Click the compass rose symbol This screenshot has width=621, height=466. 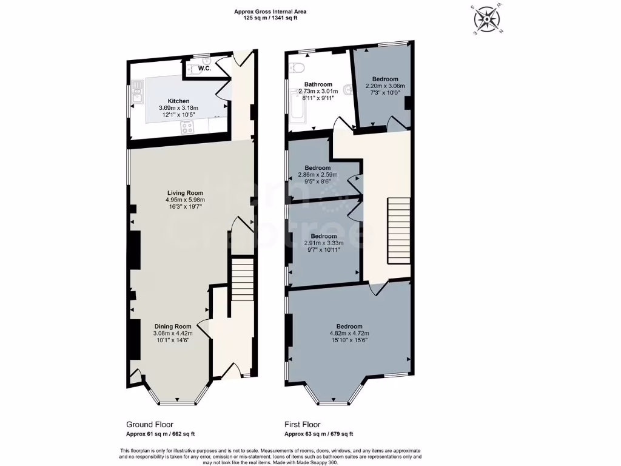tap(487, 19)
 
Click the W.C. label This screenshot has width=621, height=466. tap(204, 69)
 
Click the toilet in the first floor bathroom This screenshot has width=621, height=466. tap(295, 67)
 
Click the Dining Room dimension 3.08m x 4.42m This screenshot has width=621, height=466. tap(172, 333)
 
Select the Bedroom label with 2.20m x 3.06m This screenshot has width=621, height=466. tap(385, 79)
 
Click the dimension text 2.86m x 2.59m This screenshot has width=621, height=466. tap(318, 174)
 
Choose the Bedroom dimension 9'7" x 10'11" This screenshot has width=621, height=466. tap(323, 249)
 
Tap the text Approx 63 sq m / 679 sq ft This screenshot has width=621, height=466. tap(319, 434)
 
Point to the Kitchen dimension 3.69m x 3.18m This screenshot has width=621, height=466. tap(178, 107)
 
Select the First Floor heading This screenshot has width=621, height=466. tap(303, 425)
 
